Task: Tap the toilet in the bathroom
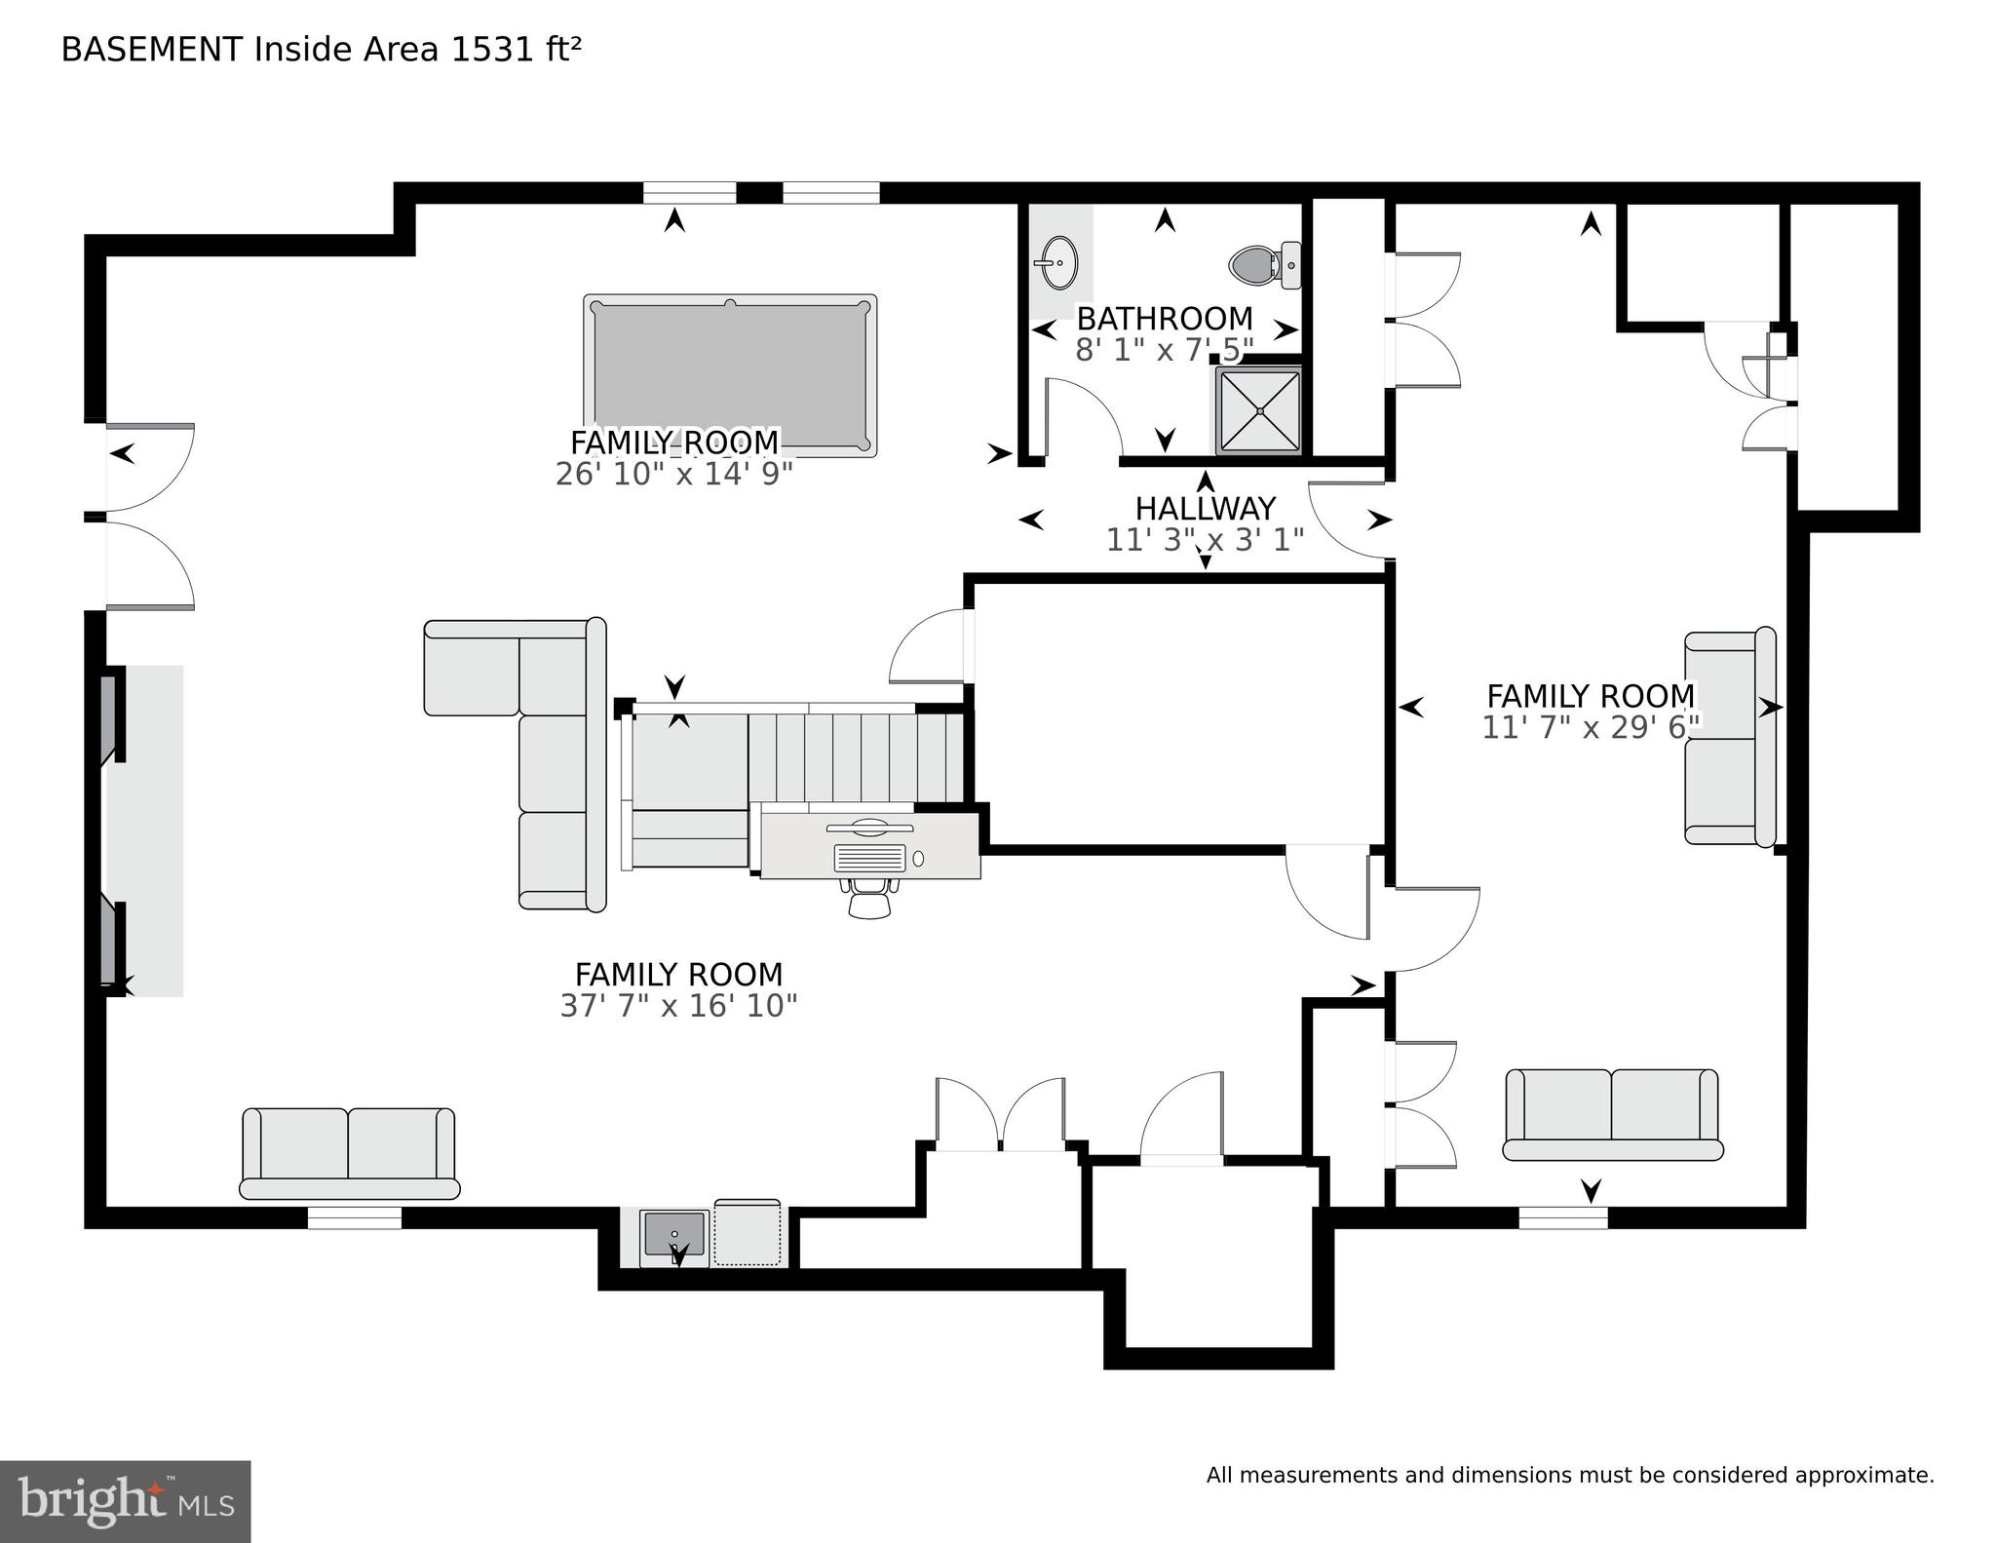(x=1260, y=264)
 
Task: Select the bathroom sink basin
(x=1056, y=263)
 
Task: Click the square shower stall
(x=1259, y=410)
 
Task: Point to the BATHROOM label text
(x=1164, y=319)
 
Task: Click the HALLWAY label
(x=1205, y=508)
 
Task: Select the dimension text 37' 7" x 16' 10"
(x=678, y=1006)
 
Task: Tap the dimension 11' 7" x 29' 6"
(x=1591, y=727)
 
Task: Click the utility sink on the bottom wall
(x=674, y=1235)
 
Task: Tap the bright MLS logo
(x=125, y=1501)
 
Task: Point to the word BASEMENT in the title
(x=151, y=49)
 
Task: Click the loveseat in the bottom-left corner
(x=349, y=1152)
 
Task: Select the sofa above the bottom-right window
(x=1612, y=1114)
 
